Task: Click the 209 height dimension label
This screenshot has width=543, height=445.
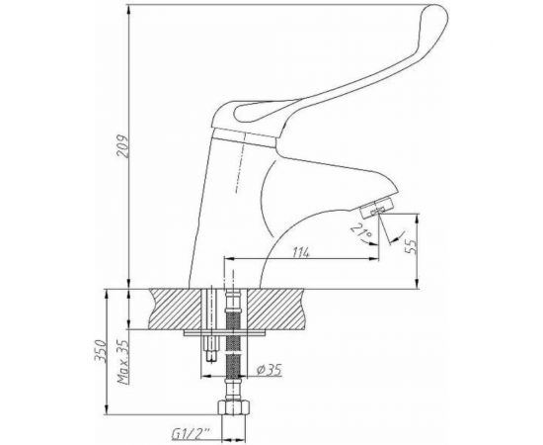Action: tap(122, 146)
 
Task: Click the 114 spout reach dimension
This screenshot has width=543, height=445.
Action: tap(300, 252)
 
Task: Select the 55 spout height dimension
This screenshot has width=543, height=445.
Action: tap(412, 246)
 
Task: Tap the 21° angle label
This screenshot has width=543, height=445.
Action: tap(360, 231)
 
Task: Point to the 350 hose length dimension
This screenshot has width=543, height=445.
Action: tap(100, 351)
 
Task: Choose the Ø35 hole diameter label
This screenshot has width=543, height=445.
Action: tap(270, 370)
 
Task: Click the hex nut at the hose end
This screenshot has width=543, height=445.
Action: tap(234, 407)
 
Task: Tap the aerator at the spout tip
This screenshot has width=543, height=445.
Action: tap(376, 208)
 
